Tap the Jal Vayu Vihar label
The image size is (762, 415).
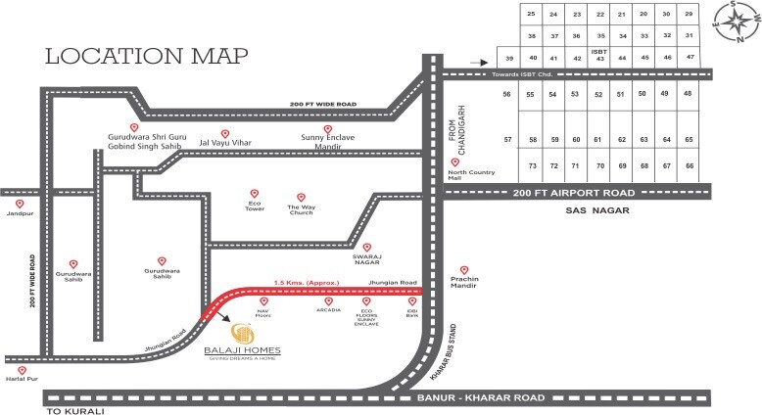pyautogui.click(x=225, y=143)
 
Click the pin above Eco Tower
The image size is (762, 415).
pyautogui.click(x=255, y=194)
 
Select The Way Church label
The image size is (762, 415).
pyautogui.click(x=300, y=208)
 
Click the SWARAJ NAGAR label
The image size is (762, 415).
pyautogui.click(x=366, y=259)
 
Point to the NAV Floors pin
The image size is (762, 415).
pyautogui.click(x=262, y=300)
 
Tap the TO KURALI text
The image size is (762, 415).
pyautogui.click(x=74, y=412)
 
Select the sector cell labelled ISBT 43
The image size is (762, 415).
pyautogui.click(x=599, y=55)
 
